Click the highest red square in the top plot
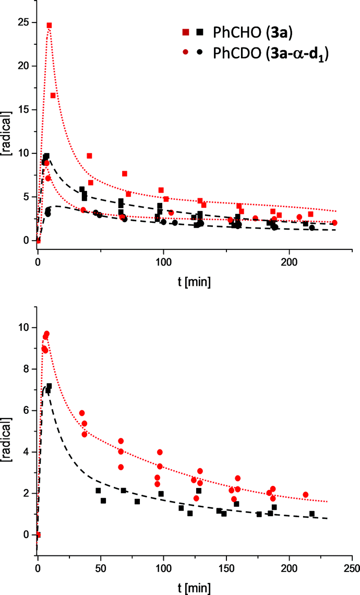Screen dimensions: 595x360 click(x=49, y=25)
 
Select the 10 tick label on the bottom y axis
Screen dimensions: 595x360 click(x=23, y=328)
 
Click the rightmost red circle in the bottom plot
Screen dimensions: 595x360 click(x=305, y=494)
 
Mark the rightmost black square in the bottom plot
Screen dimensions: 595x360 click(x=312, y=514)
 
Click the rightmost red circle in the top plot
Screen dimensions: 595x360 click(x=334, y=222)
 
